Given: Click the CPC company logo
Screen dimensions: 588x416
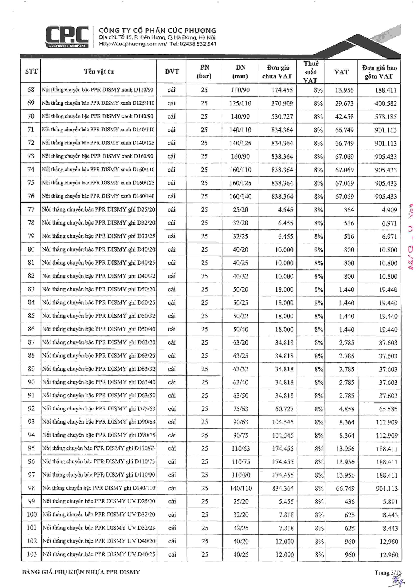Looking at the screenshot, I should [67, 37].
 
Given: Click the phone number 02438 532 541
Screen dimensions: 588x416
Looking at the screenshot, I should [198, 44].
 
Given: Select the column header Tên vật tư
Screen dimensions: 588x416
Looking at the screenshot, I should [99, 71].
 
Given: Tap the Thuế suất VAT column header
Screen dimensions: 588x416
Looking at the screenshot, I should [311, 72].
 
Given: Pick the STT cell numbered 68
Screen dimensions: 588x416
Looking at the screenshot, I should [31, 90].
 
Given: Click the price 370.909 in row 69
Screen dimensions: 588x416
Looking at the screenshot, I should [282, 103].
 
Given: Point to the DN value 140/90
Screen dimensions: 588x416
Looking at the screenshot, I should [240, 116].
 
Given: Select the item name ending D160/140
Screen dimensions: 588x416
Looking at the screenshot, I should [98, 196].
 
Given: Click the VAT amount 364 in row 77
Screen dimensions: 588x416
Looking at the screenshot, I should [349, 210].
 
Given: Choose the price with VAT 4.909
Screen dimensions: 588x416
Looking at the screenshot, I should [389, 210].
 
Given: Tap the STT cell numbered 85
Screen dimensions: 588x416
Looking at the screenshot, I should [31, 316].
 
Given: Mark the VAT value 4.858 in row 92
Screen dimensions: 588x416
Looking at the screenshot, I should [347, 409].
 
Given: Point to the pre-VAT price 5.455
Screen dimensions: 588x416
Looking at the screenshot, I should [286, 501].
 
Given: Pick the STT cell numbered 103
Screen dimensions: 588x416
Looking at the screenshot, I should [32, 554].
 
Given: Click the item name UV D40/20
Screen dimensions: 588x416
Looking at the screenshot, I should [99, 541].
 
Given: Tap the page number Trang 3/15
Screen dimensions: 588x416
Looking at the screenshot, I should [388, 572].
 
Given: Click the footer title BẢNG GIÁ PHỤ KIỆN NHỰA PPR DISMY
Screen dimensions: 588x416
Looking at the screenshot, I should [81, 572].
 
